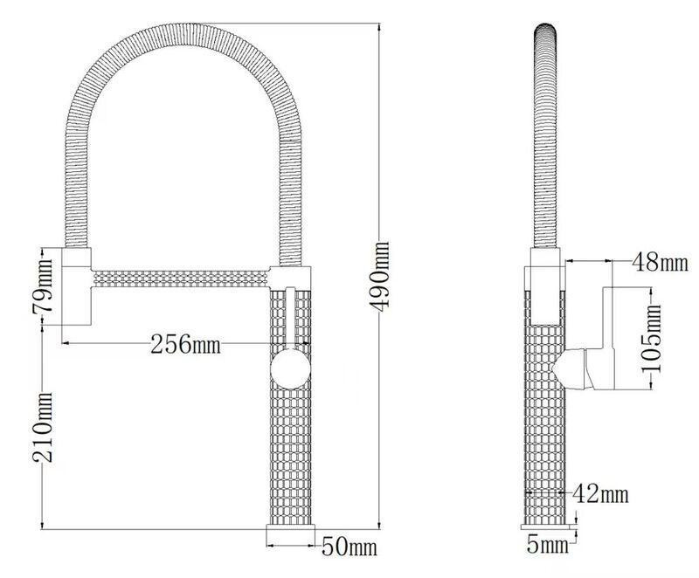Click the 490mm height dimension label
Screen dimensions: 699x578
(x=379, y=277)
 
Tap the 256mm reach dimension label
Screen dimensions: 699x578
(x=185, y=344)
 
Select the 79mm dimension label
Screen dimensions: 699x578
(x=42, y=285)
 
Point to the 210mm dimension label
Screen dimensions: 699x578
(x=42, y=428)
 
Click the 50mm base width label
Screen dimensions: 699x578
(x=349, y=546)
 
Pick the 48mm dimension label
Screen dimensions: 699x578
(x=661, y=262)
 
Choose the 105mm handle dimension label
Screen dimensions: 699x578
(x=651, y=339)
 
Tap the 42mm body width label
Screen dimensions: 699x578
(x=600, y=493)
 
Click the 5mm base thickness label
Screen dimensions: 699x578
(x=548, y=544)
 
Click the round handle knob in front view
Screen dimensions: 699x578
(x=291, y=369)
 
